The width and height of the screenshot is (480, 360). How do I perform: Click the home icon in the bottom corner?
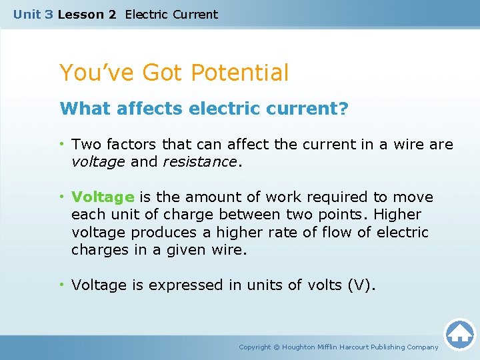459,334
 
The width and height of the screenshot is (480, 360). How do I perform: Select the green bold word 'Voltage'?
103,197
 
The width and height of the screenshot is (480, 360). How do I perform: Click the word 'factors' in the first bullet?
131,144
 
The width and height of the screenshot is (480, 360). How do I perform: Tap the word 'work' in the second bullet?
279,197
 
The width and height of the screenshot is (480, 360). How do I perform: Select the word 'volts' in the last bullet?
323,285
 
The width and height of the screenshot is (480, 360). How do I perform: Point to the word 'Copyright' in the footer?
255,347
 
